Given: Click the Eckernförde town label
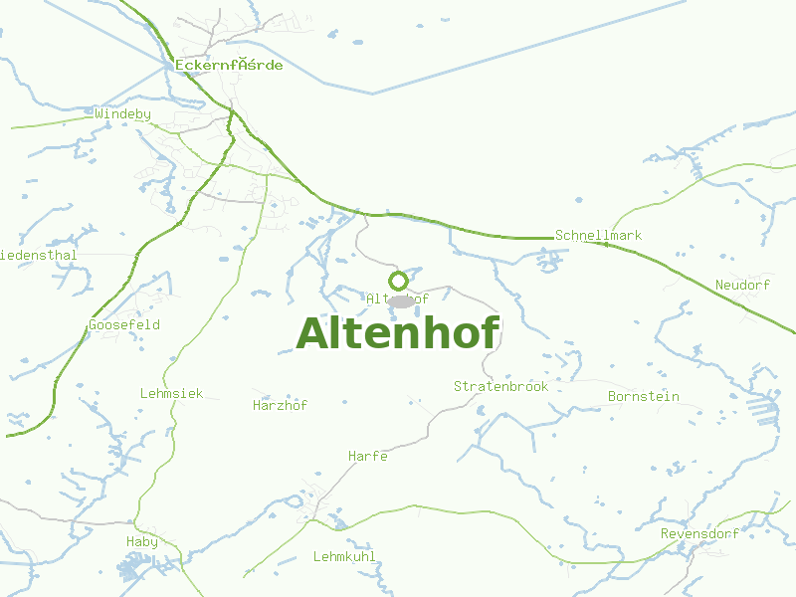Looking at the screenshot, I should click(x=229, y=66).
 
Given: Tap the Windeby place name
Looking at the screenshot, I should click(x=123, y=114).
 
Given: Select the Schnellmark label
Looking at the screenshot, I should click(x=598, y=236).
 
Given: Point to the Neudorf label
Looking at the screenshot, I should click(x=742, y=286).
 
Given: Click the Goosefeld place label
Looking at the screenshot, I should click(x=124, y=325).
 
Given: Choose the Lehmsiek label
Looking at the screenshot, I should click(x=171, y=394).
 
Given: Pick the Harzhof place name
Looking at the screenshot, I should click(x=281, y=406).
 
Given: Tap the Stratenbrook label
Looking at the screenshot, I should click(x=500, y=386).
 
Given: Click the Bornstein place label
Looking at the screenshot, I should click(x=643, y=396).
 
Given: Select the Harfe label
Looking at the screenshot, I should click(x=367, y=457).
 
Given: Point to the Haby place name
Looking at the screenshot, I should click(x=142, y=541).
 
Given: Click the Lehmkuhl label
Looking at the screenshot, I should click(x=344, y=557).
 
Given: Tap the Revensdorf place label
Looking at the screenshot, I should click(x=699, y=534).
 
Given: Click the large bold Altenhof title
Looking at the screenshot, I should click(x=397, y=333).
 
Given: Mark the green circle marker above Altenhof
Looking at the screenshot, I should click(x=398, y=281).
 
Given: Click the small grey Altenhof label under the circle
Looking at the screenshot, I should click(x=397, y=298).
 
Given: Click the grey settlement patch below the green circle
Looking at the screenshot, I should click(x=401, y=301).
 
